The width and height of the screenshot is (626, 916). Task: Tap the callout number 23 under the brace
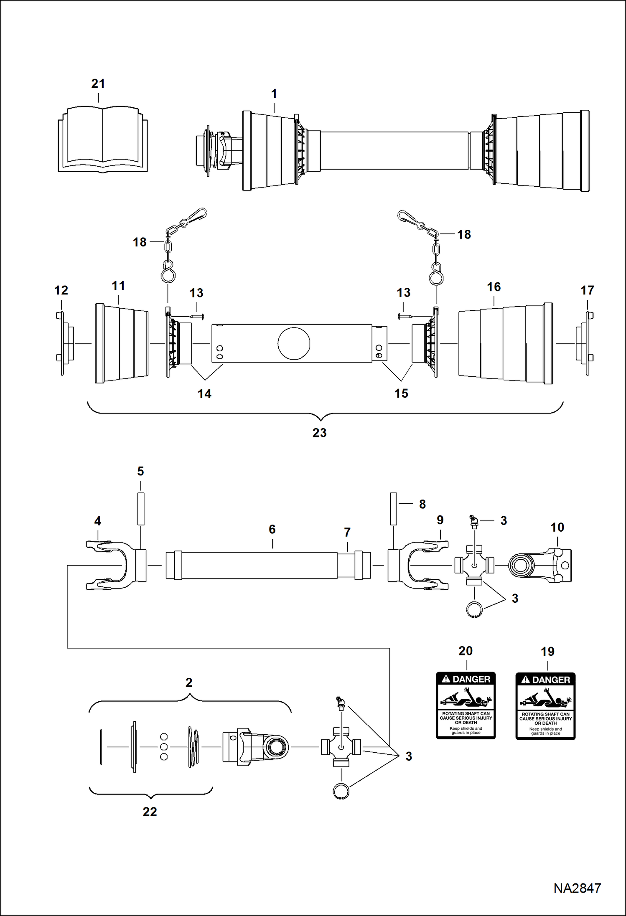pos(319,433)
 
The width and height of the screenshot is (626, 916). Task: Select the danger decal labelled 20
pos(466,705)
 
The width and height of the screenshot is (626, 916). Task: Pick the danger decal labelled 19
pos(545,706)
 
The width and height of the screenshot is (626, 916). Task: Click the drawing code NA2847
pos(577,888)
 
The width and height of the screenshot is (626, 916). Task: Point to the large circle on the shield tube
pos(294,343)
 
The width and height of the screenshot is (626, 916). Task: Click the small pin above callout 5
pos(141,508)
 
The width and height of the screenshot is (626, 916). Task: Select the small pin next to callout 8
pos(393,508)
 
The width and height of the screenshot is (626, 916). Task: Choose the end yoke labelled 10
pos(541,566)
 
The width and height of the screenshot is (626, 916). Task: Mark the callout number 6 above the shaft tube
pos(272,529)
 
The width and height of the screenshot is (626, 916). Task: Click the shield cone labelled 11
pos(121,343)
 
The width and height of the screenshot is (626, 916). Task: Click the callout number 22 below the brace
pos(150,811)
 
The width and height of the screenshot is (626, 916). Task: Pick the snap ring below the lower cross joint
pos(341,791)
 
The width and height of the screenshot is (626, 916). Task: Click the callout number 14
pos(204,393)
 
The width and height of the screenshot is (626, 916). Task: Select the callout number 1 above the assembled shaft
pos(274,94)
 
